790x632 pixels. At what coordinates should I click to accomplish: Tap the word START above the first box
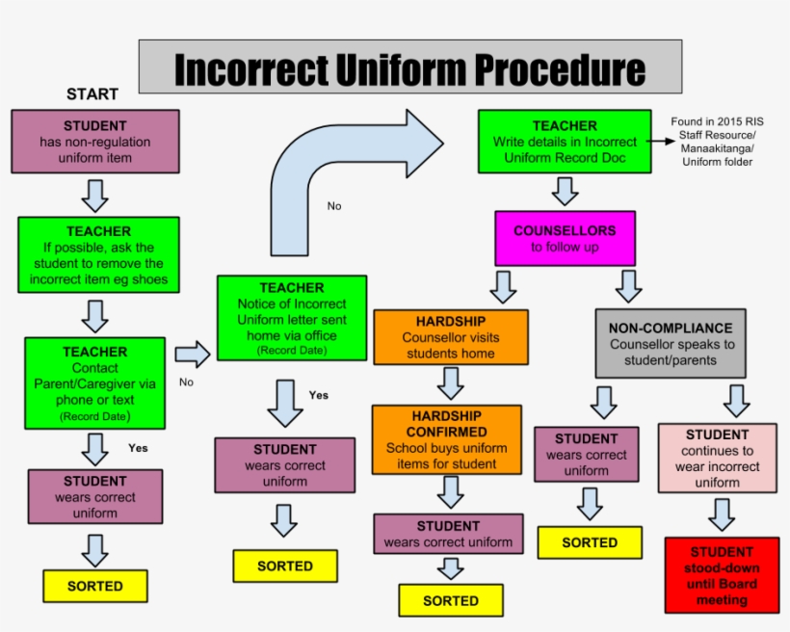tap(92, 94)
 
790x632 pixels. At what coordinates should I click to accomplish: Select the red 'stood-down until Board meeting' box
tap(722, 575)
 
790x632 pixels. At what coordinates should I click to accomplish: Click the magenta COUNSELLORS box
tap(565, 238)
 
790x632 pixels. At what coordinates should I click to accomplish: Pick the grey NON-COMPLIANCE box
tap(671, 343)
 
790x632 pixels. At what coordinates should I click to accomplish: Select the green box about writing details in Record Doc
tap(565, 141)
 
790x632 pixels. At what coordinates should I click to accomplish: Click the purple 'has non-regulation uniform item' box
tap(95, 141)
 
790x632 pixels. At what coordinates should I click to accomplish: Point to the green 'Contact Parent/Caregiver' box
tap(95, 383)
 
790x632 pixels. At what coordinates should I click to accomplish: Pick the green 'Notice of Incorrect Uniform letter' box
tap(292, 318)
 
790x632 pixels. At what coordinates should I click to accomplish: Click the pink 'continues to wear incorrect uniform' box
tap(718, 458)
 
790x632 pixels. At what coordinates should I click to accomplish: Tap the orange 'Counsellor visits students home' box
tap(451, 336)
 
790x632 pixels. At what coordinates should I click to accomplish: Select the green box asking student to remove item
tap(98, 255)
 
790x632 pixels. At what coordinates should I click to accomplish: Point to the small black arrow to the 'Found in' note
tap(660, 141)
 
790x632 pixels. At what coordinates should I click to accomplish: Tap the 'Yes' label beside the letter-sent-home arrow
tap(319, 395)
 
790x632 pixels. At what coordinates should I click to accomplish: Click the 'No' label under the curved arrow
tap(334, 206)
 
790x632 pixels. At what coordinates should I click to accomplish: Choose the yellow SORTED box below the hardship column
tap(451, 600)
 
